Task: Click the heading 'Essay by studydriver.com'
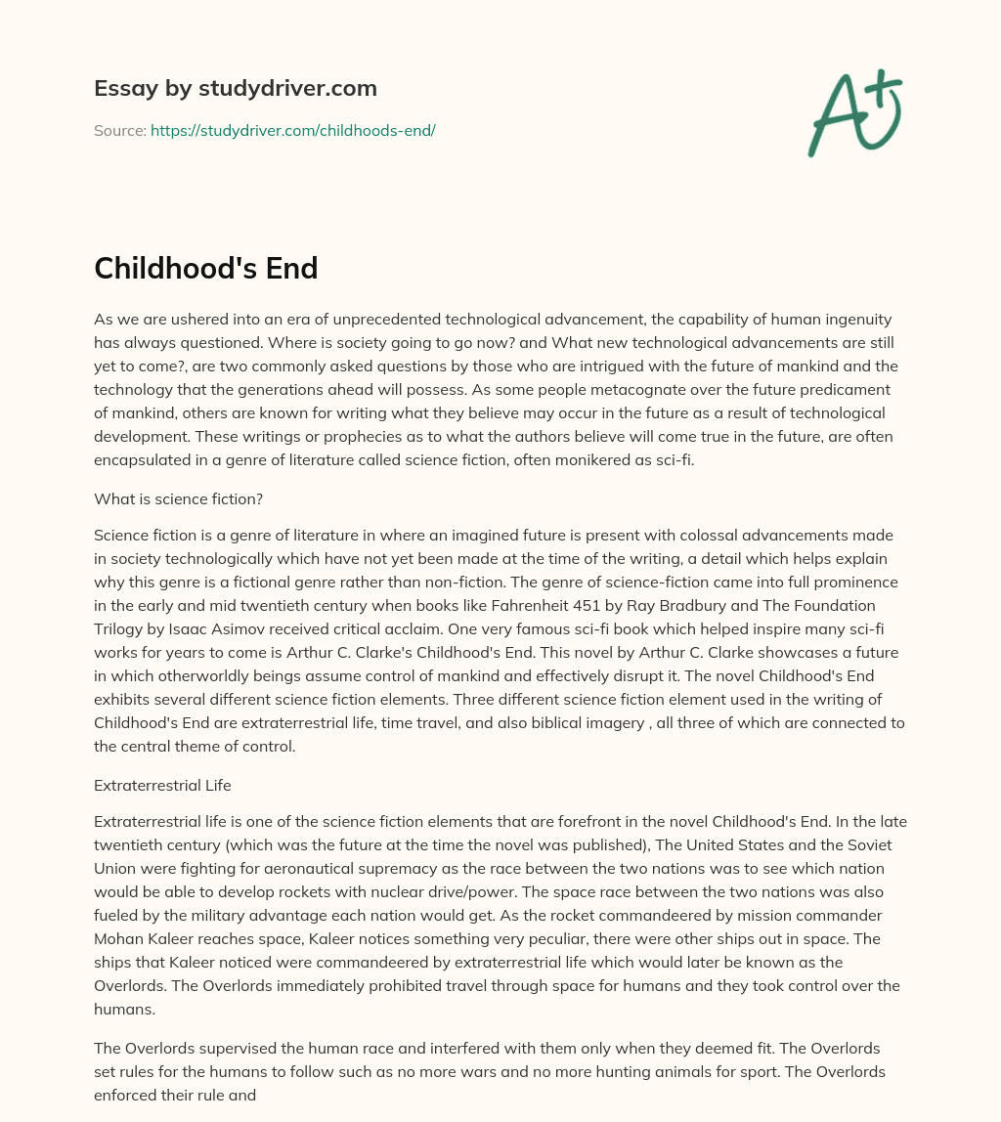235,88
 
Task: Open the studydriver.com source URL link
292,130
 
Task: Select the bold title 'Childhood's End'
205,268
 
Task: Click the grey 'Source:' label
119,130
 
